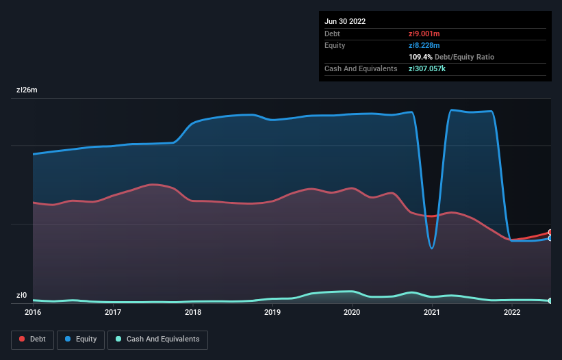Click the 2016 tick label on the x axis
33,313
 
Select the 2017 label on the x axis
113,313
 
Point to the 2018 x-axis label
193,313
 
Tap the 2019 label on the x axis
272,313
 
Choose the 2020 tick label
352,313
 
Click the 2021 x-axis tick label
432,313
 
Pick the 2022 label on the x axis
511,313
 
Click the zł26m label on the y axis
27,90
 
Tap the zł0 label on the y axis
21,296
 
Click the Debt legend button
32,339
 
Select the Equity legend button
81,339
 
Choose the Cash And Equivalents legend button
157,339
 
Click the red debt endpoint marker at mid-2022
550,233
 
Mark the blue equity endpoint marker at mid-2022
550,239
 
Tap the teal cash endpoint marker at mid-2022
550,300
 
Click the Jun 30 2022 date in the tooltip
345,21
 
